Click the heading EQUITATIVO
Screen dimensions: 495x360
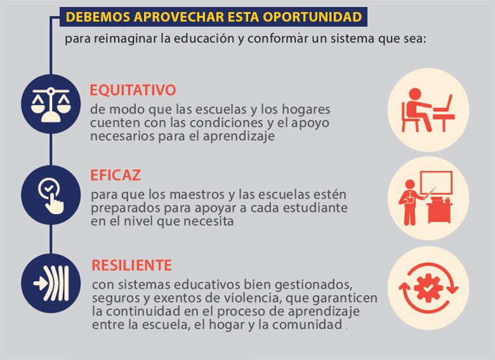tap(133, 90)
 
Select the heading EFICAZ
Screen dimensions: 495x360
tap(115, 175)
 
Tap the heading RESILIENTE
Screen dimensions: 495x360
tap(131, 265)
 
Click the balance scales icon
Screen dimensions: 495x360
tap(51, 105)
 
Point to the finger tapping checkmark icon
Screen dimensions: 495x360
tap(51, 196)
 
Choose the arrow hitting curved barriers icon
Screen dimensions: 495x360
tap(51, 283)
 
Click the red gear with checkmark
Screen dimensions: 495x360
tap(428, 288)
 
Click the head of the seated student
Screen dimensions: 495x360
tap(415, 94)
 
